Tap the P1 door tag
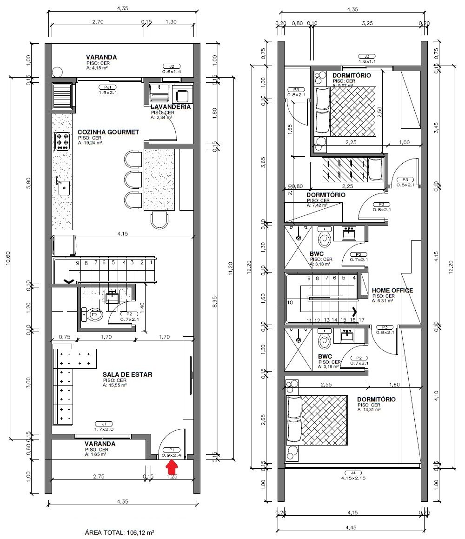[172, 450]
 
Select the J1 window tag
[104, 424]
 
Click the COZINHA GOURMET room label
[108, 132]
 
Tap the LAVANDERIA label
[171, 106]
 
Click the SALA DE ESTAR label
[127, 374]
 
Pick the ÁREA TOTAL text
[120, 532]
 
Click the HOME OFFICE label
[392, 290]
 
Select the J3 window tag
[366, 55]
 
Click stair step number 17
[361, 320]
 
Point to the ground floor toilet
[93, 315]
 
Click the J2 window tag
[171, 66]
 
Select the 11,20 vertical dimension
[229, 268]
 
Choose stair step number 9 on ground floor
[78, 263]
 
